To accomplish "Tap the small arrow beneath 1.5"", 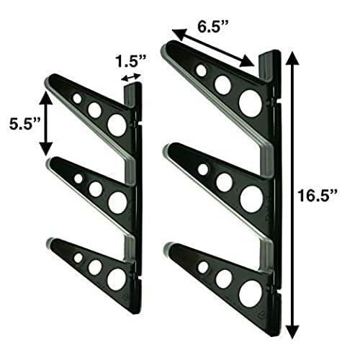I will point(130,78).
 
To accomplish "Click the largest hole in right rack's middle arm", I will point(251,198).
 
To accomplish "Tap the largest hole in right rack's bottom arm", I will point(250,292).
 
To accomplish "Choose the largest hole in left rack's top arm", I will point(116,124).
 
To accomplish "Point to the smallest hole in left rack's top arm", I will point(77,97).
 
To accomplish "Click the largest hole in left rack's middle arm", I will point(117,202).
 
